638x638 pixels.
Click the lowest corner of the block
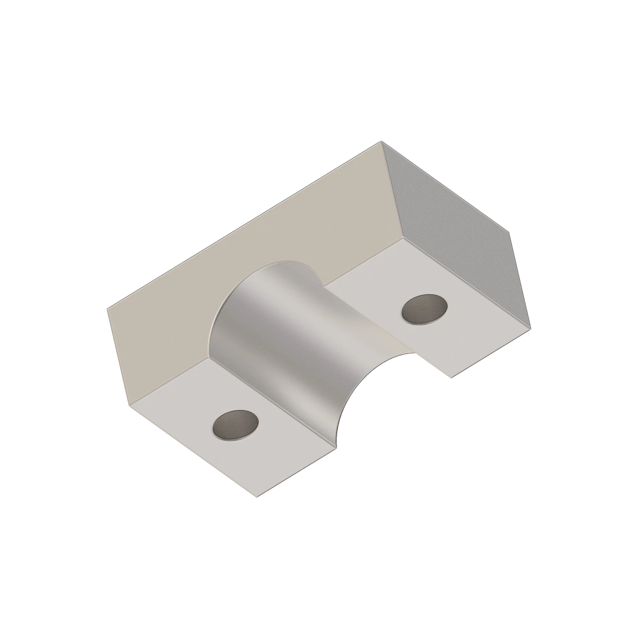(257, 498)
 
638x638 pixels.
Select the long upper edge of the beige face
(245, 224)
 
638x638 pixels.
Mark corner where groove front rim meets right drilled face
(416, 351)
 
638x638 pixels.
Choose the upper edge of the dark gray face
(447, 187)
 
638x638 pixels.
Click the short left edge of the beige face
(119, 355)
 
